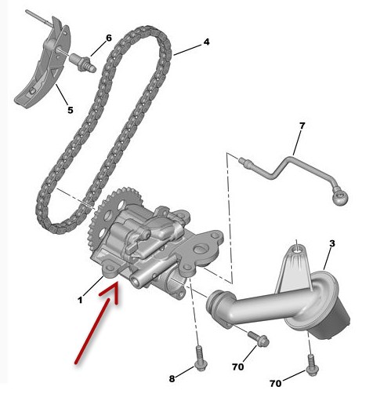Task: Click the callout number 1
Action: coord(80,300)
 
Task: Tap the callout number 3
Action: coord(331,243)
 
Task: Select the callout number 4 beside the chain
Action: coord(207,42)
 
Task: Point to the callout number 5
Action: coord(71,110)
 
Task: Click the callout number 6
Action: coord(109,38)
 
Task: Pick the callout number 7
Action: coord(302,126)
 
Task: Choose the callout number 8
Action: coord(172,378)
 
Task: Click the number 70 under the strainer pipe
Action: coord(237,367)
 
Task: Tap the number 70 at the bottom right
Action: coord(276,384)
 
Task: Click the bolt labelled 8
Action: coord(201,358)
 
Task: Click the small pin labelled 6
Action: coord(82,63)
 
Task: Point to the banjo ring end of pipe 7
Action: coord(340,197)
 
